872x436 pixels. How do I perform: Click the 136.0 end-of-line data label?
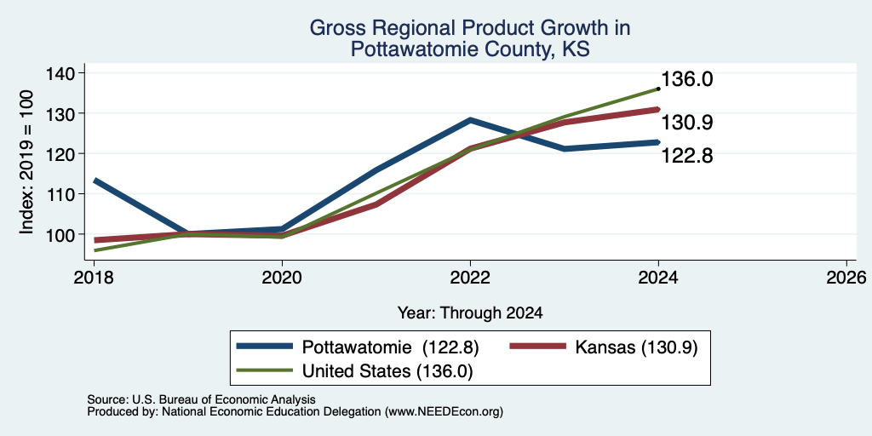pyautogui.click(x=687, y=79)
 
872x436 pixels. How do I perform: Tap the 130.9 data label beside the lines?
pyautogui.click(x=687, y=123)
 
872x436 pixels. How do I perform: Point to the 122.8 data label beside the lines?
pyautogui.click(x=687, y=157)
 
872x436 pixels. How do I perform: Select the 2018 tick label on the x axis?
pyautogui.click(x=94, y=277)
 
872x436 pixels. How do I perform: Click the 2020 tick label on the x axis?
pyautogui.click(x=282, y=277)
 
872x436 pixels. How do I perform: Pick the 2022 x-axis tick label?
pyautogui.click(x=470, y=277)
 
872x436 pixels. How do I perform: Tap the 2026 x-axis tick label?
pyautogui.click(x=846, y=277)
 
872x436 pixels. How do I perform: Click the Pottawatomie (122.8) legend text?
pyautogui.click(x=390, y=347)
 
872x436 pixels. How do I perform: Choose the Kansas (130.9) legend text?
pyautogui.click(x=636, y=347)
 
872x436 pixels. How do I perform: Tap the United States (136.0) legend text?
pyautogui.click(x=387, y=371)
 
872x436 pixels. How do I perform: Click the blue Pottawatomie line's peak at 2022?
pyautogui.click(x=470, y=119)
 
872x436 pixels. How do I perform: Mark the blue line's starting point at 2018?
pyautogui.click(x=95, y=181)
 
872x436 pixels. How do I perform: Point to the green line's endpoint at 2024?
pyautogui.click(x=658, y=89)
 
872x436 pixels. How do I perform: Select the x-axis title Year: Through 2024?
pyautogui.click(x=470, y=313)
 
